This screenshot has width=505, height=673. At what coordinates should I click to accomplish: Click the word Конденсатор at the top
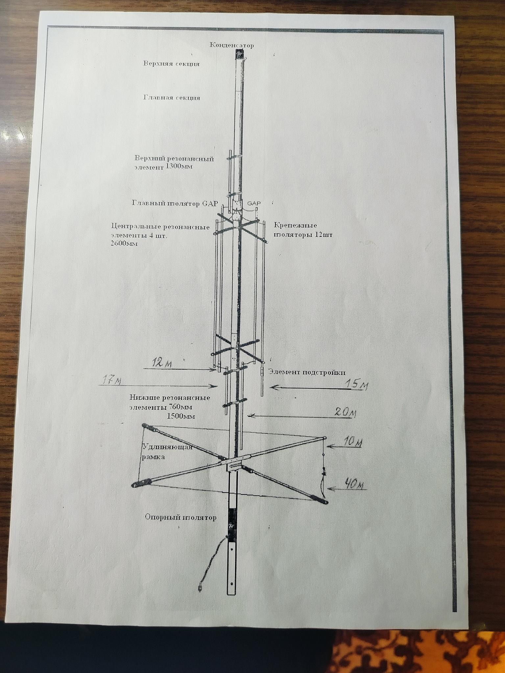(x=232, y=45)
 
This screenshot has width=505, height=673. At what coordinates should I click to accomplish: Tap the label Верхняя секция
(x=171, y=63)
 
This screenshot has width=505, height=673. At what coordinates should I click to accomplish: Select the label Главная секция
(x=172, y=98)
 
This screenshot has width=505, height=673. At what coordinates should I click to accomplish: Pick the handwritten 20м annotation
(x=345, y=412)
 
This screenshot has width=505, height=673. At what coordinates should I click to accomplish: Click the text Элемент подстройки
(x=307, y=372)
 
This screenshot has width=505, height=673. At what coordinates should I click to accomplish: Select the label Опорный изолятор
(x=181, y=518)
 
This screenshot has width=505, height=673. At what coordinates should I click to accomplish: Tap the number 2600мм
(x=125, y=244)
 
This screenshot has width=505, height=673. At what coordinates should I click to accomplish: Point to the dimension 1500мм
(x=181, y=416)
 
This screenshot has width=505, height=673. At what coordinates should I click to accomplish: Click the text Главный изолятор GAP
(x=175, y=203)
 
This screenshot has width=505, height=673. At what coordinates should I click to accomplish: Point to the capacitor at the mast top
(x=240, y=54)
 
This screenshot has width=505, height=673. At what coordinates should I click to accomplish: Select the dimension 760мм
(x=180, y=407)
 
